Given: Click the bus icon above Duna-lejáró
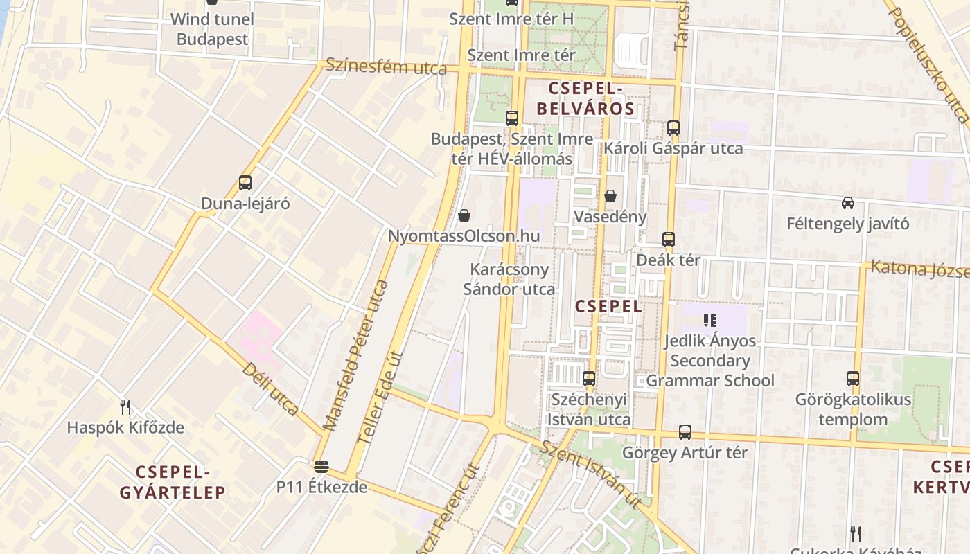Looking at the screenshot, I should coord(245,183).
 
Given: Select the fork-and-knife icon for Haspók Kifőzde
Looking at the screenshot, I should coord(125,406).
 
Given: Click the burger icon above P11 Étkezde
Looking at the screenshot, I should coord(321,466).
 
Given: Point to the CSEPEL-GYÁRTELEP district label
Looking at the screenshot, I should coord(173,482).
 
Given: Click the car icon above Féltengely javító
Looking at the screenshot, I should coord(848,203).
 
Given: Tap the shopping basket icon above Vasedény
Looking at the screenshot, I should coord(610,196).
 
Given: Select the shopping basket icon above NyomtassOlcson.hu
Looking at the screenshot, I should coord(464,215).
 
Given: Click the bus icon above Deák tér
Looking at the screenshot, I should coord(669,240).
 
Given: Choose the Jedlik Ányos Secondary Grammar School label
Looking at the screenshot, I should coord(710,360).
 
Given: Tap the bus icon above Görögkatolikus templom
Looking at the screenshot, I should coord(853,379).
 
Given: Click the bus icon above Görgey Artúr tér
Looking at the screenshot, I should coord(685,432).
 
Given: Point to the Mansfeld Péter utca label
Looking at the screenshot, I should coord(356,355).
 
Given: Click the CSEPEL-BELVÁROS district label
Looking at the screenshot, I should coord(585,98).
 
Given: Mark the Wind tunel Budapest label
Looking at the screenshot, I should coord(212,29).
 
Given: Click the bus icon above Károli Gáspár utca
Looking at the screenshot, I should coord(673,127).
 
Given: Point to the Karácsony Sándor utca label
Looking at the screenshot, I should coord(509,279).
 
